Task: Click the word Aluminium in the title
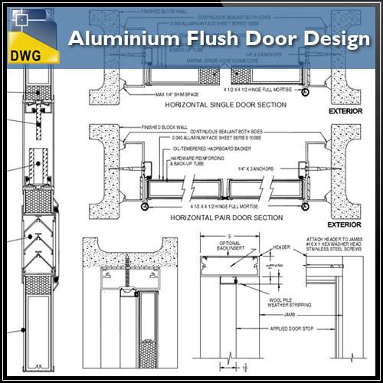point(116,39)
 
